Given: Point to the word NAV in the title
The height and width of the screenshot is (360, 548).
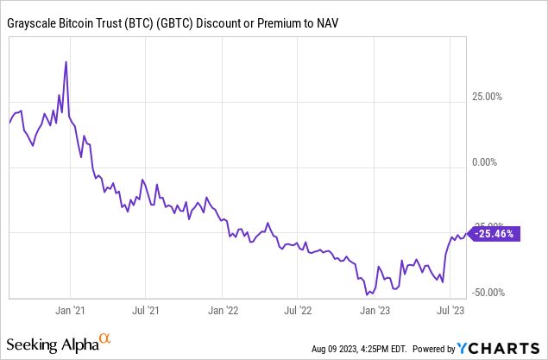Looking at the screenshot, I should pyautogui.click(x=324, y=22).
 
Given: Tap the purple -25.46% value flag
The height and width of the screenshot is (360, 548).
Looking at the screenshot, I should pyautogui.click(x=494, y=233).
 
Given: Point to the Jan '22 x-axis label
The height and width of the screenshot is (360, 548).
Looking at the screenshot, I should pyautogui.click(x=224, y=308).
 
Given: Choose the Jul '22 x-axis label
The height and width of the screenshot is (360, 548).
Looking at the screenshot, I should pyautogui.click(x=298, y=308).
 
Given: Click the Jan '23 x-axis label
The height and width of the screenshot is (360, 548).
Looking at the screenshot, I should pyautogui.click(x=374, y=308).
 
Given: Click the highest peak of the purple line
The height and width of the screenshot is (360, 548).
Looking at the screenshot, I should pyautogui.click(x=66, y=62).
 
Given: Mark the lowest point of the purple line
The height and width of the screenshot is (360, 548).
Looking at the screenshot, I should pyautogui.click(x=368, y=294).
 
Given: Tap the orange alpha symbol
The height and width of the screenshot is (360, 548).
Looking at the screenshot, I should pyautogui.click(x=104, y=339).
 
